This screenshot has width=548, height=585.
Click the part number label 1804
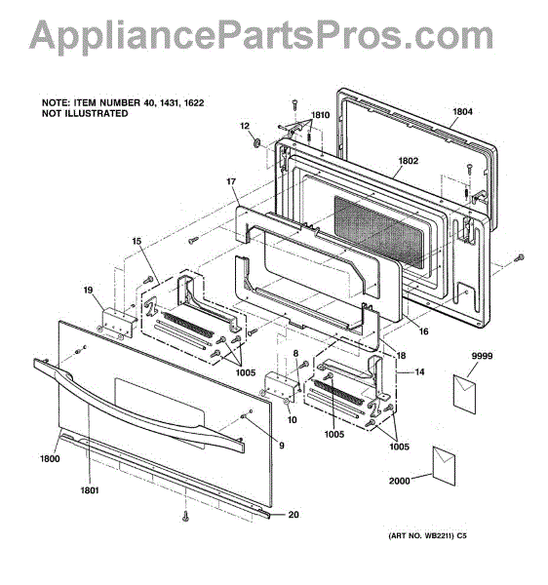click(x=462, y=111)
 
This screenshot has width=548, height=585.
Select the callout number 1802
click(x=409, y=161)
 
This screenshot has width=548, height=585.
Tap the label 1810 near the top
click(x=321, y=115)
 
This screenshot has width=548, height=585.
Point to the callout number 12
click(x=245, y=126)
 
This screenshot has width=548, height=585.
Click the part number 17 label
click(x=231, y=181)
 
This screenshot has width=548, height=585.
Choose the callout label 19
click(x=88, y=290)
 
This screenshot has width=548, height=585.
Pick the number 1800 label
click(x=50, y=458)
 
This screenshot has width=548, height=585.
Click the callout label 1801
click(x=90, y=490)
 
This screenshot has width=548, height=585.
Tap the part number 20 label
click(x=294, y=515)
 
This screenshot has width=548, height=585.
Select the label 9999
click(x=482, y=356)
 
